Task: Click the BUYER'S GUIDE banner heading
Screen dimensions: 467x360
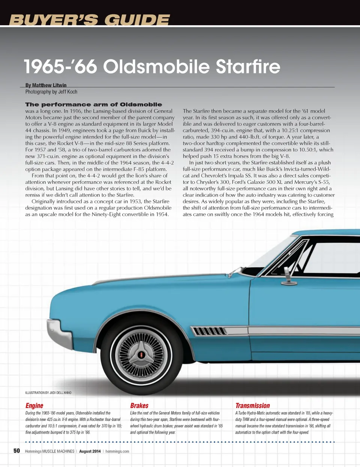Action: pos(89,20)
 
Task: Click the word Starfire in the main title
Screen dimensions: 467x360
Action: pos(248,66)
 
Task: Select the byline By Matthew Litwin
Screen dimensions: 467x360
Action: pos(46,85)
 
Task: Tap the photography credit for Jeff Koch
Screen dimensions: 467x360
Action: pos(51,92)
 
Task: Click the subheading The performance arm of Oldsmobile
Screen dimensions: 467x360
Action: pos(93,104)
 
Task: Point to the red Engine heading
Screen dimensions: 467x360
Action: pos(34,405)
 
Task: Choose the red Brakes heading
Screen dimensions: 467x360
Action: pos(139,405)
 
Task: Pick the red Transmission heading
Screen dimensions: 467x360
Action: pos(252,405)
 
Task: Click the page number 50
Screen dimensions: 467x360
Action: pos(16,451)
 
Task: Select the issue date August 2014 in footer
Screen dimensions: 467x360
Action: pos(90,451)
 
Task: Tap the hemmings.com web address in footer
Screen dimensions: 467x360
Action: pos(117,451)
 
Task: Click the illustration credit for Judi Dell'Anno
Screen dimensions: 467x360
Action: pos(48,393)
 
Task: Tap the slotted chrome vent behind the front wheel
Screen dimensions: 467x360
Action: pos(209,331)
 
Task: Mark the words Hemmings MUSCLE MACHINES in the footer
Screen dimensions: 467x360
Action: pos(49,451)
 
